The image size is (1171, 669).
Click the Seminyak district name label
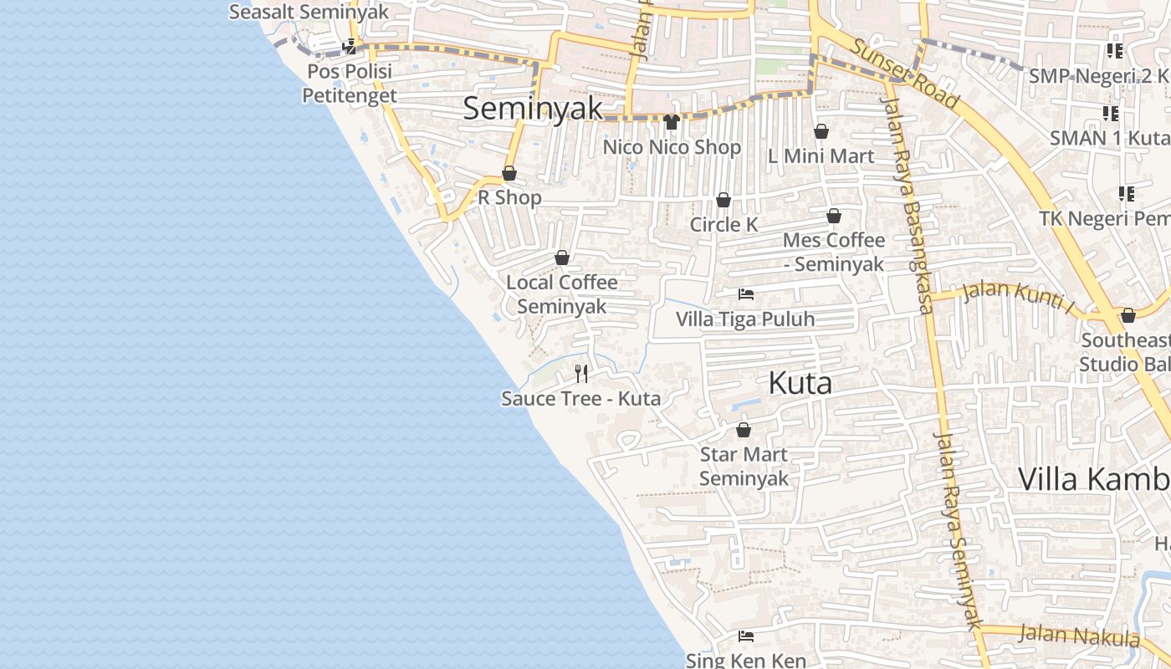533,109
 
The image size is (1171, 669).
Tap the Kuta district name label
800,384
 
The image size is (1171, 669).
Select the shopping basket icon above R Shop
509,173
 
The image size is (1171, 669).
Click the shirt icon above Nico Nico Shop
671,122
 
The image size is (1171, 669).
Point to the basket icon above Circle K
724,200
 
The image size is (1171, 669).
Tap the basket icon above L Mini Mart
821,131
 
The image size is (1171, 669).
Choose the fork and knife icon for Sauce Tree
581,373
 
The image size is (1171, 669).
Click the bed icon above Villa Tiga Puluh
746,294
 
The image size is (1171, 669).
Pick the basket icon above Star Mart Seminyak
743,430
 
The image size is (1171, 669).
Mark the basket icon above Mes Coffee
834,216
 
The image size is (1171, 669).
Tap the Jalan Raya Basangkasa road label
907,205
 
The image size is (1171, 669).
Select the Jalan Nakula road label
1078,636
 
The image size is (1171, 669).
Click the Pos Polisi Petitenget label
349,84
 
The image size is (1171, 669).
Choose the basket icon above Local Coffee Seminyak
562,258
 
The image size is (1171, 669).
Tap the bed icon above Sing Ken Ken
746,636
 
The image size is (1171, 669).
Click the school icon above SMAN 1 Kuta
1110,113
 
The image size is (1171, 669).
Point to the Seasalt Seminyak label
309,12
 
